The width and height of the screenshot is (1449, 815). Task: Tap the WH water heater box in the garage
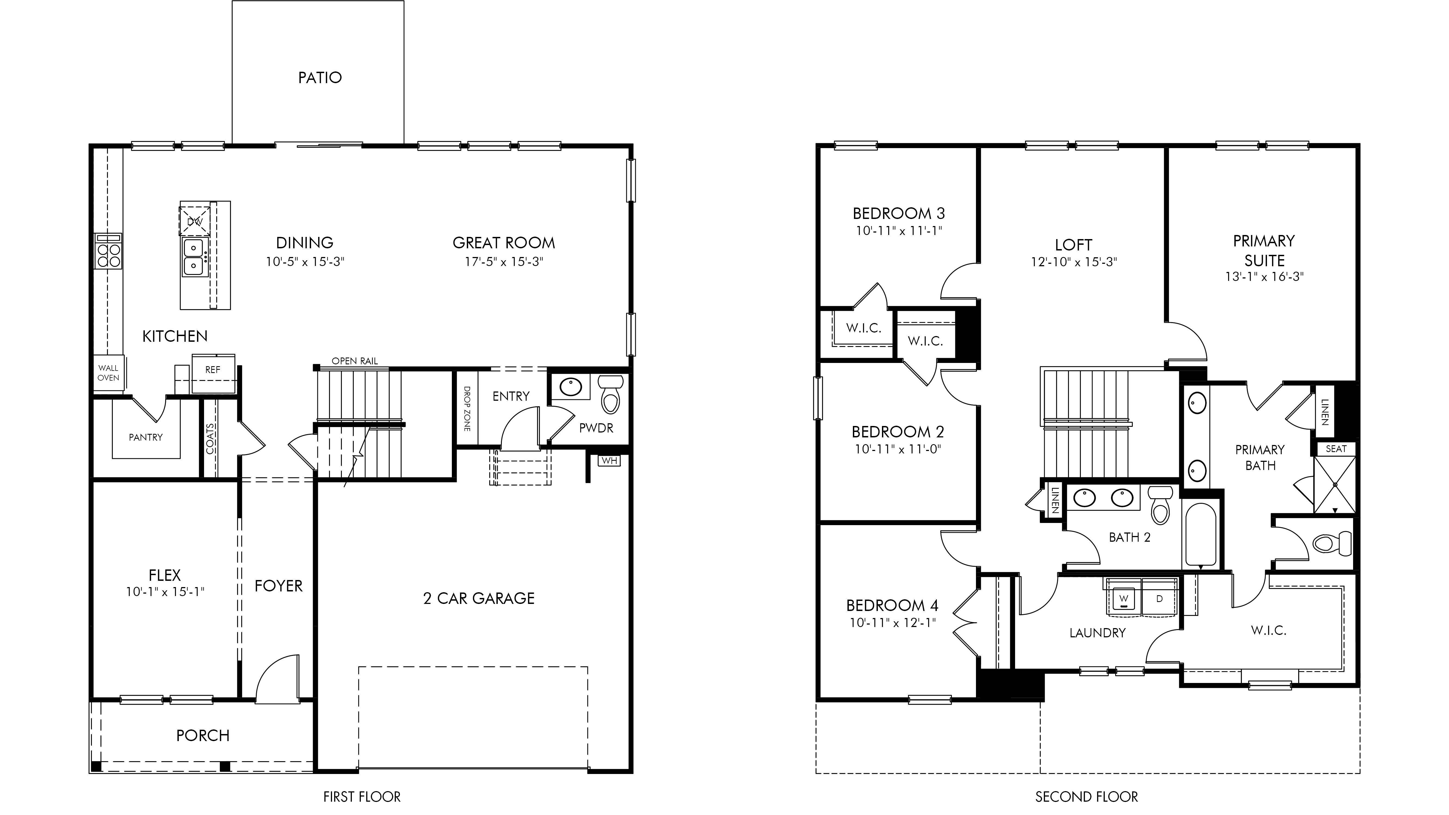pyautogui.click(x=609, y=461)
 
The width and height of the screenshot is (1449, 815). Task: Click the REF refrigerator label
pyautogui.click(x=213, y=369)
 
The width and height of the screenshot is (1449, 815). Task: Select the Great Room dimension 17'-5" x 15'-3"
pyautogui.click(x=503, y=262)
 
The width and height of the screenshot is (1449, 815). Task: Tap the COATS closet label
pyautogui.click(x=210, y=439)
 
